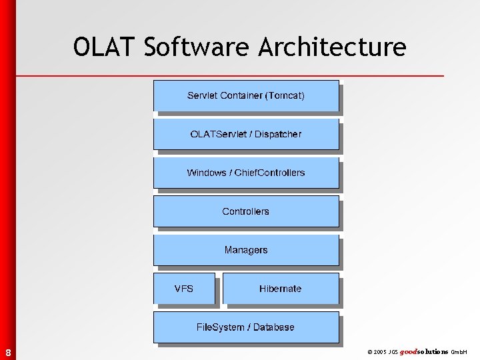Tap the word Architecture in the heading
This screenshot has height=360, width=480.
click(x=332, y=47)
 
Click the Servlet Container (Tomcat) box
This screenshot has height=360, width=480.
click(x=246, y=96)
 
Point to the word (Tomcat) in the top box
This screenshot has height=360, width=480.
click(x=285, y=96)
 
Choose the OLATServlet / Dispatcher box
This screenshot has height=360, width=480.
click(x=246, y=135)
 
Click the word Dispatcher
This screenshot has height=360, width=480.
click(x=277, y=135)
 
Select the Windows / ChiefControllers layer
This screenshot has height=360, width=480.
click(x=246, y=173)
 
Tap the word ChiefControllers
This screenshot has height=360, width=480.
click(x=271, y=173)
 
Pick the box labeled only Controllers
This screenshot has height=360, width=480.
click(x=246, y=212)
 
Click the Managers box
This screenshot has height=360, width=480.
click(x=246, y=251)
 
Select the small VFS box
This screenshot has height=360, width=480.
click(x=184, y=289)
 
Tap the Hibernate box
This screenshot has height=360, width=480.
click(x=280, y=289)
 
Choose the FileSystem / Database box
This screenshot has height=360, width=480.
click(x=246, y=327)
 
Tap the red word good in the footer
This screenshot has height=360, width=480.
click(x=409, y=351)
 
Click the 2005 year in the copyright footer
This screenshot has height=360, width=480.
click(x=380, y=351)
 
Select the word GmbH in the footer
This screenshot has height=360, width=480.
click(x=460, y=351)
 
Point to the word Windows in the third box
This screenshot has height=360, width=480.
click(x=206, y=173)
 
